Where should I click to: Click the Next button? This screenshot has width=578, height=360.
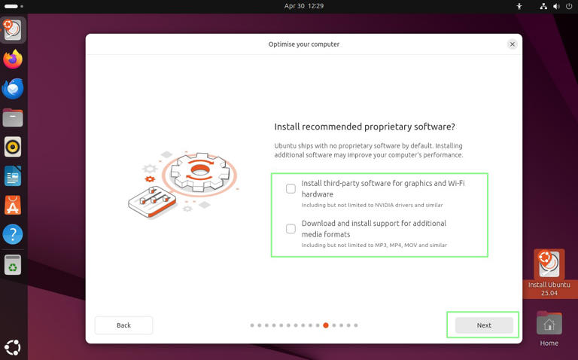click(484, 325)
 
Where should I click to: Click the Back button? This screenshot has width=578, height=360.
click(123, 325)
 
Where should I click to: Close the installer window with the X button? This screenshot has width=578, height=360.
click(513, 44)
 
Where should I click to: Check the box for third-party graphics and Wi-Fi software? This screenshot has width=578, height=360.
click(291, 188)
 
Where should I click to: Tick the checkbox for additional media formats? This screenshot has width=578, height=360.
click(291, 228)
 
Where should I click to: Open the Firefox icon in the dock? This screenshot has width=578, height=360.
click(13, 59)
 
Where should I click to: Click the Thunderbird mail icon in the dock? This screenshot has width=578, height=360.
click(13, 88)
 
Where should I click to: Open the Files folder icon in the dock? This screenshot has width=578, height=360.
click(13, 117)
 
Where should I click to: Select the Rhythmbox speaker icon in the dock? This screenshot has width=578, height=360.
click(13, 147)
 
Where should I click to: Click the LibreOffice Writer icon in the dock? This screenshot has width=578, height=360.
click(13, 176)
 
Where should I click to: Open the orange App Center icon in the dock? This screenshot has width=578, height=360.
click(13, 205)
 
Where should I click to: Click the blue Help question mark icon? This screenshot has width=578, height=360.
click(13, 234)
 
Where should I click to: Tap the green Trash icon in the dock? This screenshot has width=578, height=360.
click(13, 264)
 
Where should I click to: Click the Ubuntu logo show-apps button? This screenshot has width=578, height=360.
click(13, 347)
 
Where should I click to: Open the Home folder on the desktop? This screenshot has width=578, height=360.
click(549, 325)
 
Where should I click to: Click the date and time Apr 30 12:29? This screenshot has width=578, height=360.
click(304, 6)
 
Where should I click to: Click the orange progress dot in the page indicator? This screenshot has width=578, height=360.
click(326, 325)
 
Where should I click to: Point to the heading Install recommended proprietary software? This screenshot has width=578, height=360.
click(364, 127)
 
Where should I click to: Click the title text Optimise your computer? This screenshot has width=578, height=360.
click(304, 44)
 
